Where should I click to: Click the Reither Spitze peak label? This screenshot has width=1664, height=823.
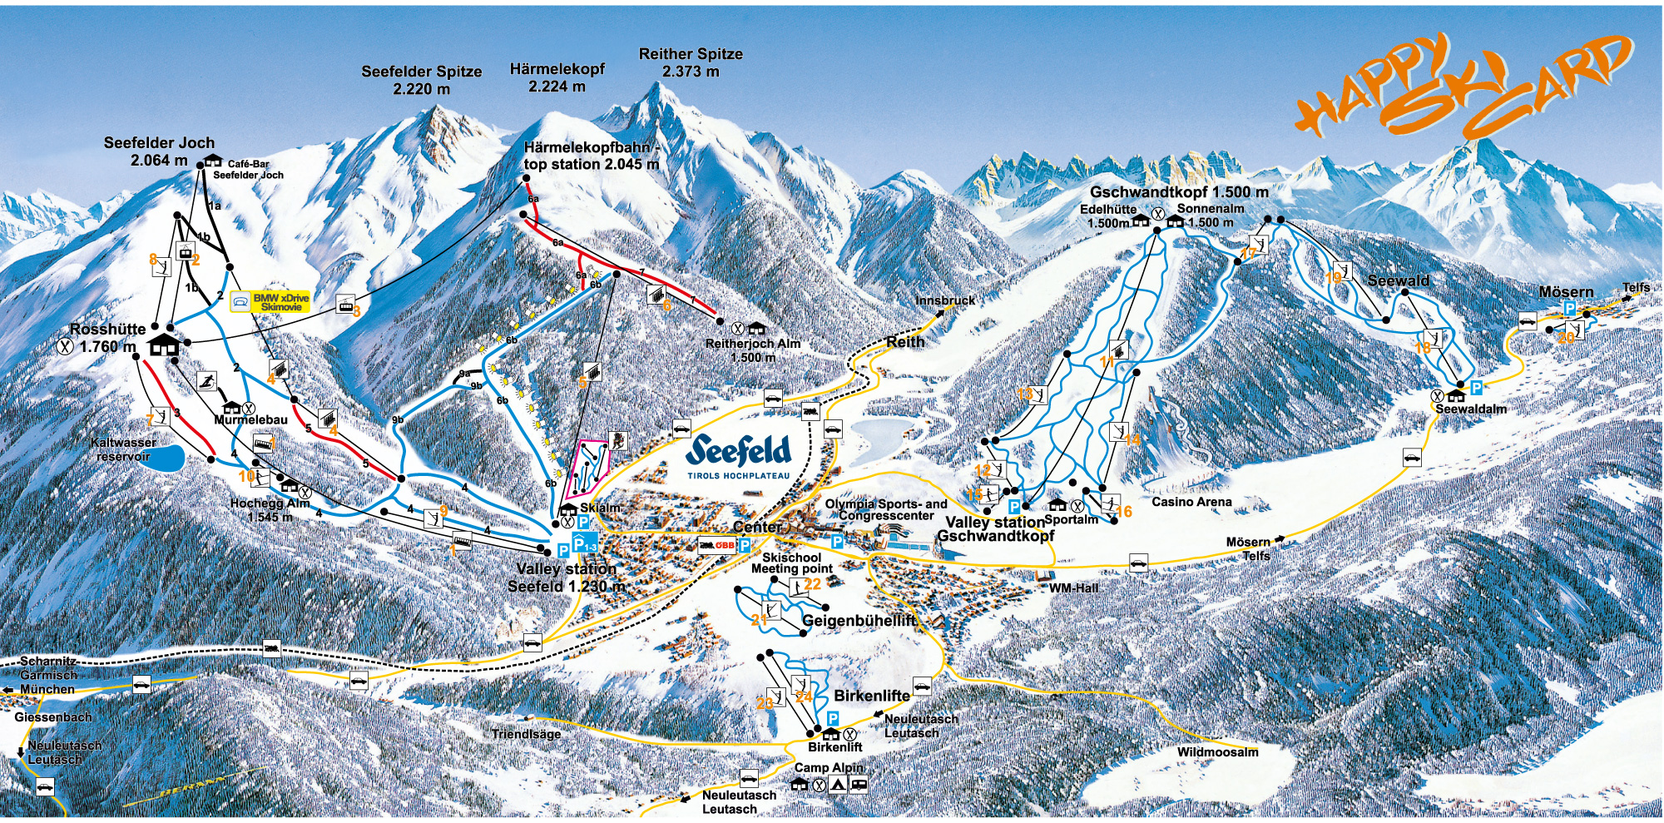pos(691,62)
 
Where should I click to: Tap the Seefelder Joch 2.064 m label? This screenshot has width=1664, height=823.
pos(159,151)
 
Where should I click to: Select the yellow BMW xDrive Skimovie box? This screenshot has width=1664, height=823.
pos(270,301)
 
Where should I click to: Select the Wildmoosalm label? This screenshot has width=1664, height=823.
pos(1217,752)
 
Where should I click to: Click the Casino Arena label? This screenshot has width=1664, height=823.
pos(1191,502)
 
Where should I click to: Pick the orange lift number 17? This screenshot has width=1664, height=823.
pos(1248,253)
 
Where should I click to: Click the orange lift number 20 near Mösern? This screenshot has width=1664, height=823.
pos(1566,338)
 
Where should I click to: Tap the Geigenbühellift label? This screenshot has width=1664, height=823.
pos(858,621)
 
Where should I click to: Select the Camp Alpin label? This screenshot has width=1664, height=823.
pos(829,767)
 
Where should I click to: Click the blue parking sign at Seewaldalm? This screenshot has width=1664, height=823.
pos(1476,388)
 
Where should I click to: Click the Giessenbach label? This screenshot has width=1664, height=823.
pos(53,716)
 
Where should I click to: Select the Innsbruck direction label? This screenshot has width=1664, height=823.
pos(945,300)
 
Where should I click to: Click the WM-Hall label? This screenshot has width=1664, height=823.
pos(1073,588)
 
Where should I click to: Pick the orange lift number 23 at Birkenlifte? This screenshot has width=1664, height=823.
pos(765,703)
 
